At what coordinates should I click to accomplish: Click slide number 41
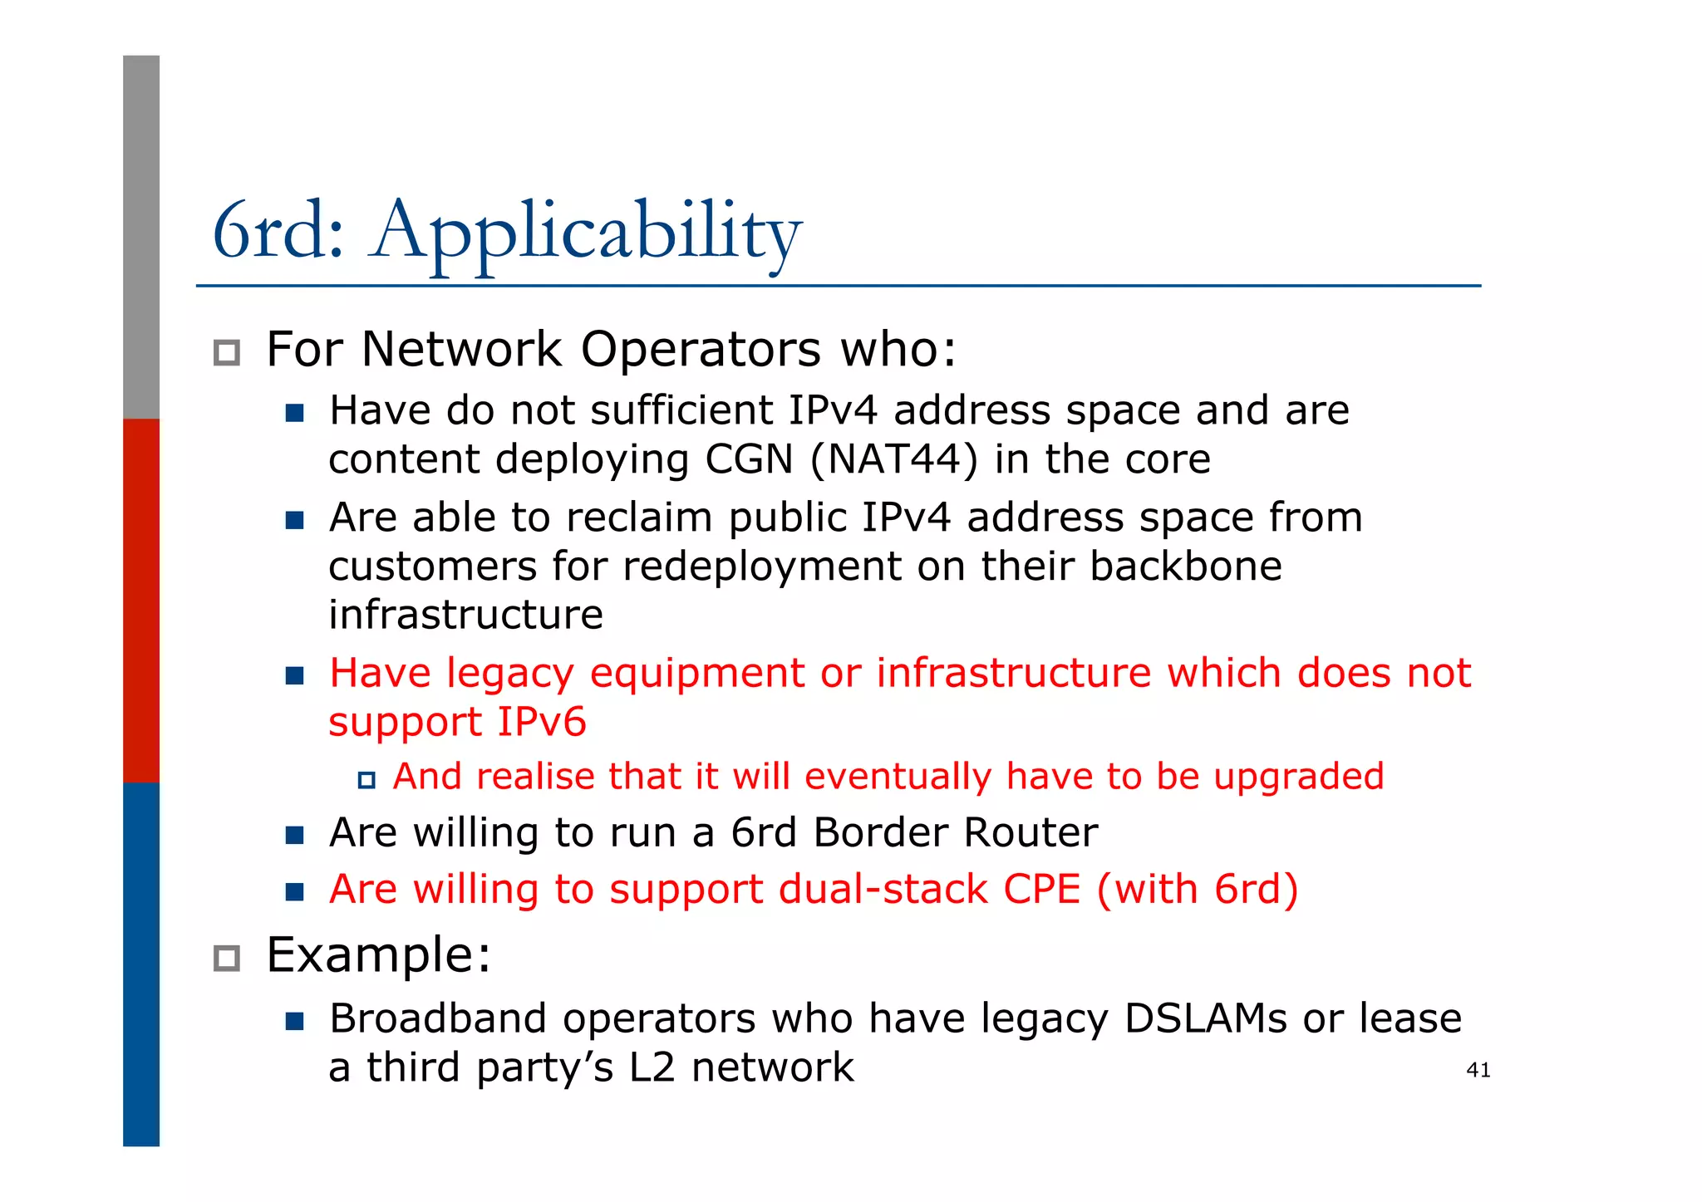1478,1070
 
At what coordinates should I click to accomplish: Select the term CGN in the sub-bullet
749,459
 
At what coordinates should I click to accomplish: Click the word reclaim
637,518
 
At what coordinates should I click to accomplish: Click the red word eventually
898,777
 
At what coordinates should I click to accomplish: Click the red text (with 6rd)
1197,890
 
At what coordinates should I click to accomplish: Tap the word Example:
379,955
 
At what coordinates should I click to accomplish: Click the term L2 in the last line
652,1068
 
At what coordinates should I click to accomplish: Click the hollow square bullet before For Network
226,353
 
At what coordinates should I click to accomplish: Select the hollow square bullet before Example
226,959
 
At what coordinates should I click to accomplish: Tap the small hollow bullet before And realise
366,780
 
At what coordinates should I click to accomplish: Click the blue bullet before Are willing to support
294,892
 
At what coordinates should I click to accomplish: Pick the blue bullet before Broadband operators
294,1021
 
